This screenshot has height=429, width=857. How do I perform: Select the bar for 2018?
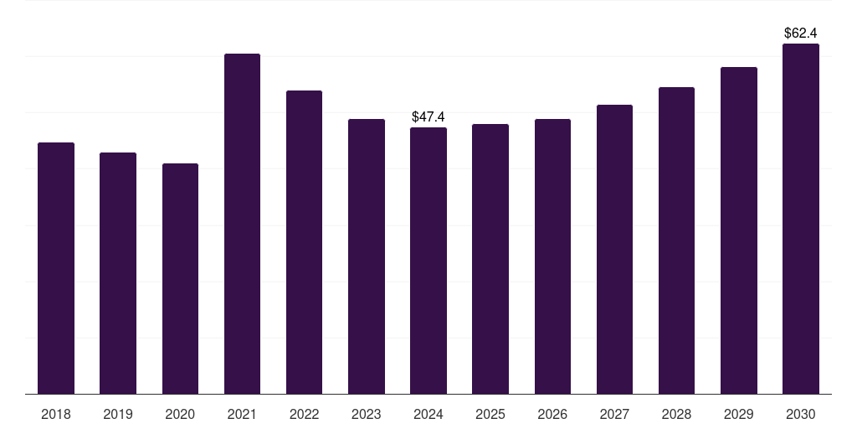pos(56,268)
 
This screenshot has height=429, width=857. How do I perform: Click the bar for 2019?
pos(118,273)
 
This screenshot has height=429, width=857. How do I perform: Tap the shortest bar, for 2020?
pos(180,278)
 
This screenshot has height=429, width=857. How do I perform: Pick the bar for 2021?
pos(242,224)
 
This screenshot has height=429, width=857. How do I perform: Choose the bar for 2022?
pos(304,242)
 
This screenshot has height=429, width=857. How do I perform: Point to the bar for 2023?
pos(367,256)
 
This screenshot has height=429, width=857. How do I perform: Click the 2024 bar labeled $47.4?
pos(428,261)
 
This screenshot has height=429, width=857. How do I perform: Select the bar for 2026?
pos(552,256)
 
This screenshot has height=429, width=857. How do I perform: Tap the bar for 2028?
pos(676,240)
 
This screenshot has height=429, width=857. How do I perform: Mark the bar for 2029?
pos(739,230)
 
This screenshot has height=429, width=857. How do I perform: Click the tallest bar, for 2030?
pos(801,219)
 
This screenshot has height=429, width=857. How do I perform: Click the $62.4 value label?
pos(801,34)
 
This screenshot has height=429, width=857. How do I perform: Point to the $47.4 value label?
pos(428,117)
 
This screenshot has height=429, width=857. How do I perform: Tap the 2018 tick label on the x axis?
pos(56,414)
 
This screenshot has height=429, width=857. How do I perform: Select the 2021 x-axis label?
pos(242,414)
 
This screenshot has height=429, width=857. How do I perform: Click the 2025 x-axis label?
pos(490,414)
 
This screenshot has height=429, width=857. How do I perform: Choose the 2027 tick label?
pos(614,414)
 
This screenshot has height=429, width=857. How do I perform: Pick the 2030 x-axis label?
pos(801,414)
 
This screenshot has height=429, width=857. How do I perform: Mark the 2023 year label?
pos(367,414)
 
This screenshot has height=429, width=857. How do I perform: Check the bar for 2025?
pos(490,259)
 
